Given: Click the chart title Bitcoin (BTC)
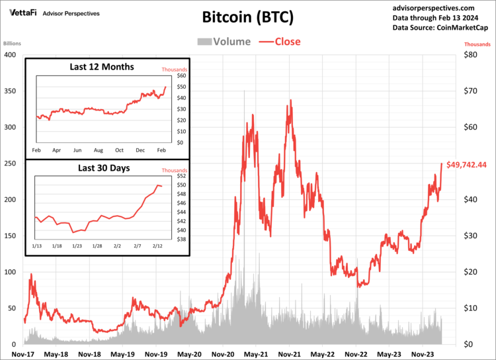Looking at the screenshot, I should (x=247, y=17).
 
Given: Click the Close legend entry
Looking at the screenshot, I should (x=280, y=42).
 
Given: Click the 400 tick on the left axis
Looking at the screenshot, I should (x=10, y=54).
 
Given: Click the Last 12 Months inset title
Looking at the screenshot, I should (x=101, y=67).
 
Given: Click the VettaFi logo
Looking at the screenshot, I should (x=23, y=13).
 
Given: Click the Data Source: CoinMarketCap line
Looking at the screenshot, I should (x=439, y=28).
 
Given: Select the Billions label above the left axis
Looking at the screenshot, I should (x=13, y=44).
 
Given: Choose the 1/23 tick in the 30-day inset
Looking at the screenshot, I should (x=77, y=246).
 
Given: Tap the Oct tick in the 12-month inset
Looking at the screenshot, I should (x=119, y=151).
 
